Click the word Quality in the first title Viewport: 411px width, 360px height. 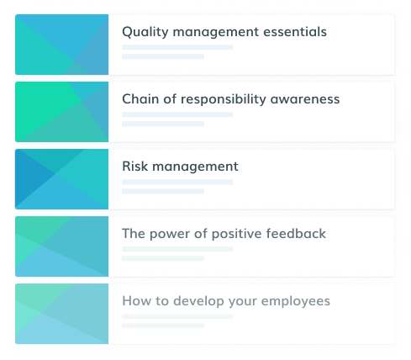tap(145, 32)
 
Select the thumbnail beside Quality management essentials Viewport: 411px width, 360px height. tap(62, 45)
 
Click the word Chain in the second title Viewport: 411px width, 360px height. tap(140, 99)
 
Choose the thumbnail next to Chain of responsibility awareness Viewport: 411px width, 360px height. tap(62, 112)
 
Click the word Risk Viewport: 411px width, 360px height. tap(135, 167)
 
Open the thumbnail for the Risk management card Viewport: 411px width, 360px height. tap(62, 179)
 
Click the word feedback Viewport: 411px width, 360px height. tap(296, 234)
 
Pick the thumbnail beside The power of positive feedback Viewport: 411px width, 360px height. tap(62, 246)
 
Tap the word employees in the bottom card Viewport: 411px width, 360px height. tap(296, 301)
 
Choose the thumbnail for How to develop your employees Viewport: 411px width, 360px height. tap(62, 314)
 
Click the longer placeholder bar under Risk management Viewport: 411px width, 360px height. tap(177, 182)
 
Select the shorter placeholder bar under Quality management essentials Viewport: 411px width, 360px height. tap(163, 56)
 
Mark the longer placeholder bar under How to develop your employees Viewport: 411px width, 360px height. tap(177, 316)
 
